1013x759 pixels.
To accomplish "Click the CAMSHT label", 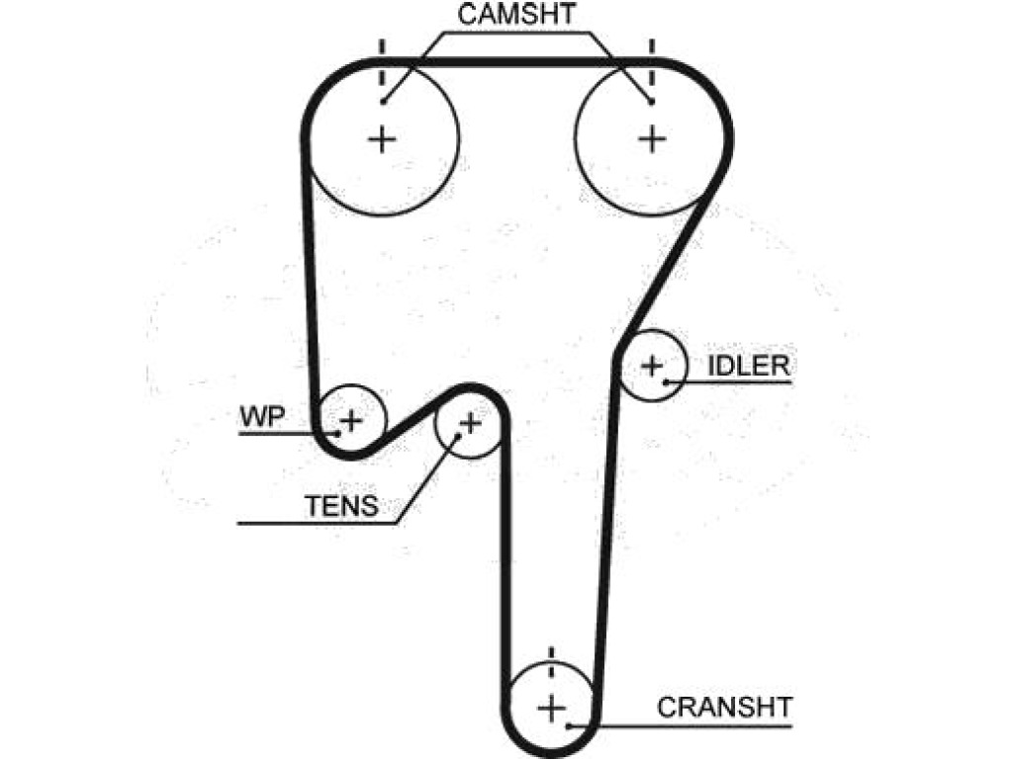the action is [x=516, y=14].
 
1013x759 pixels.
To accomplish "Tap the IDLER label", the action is [x=749, y=366].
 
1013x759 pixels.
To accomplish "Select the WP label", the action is [x=262, y=417].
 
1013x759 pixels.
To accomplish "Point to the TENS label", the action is [x=341, y=506].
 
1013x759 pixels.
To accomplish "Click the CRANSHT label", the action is [x=724, y=708].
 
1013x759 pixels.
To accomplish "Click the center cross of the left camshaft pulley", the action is [x=382, y=138].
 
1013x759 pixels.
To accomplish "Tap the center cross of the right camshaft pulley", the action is [x=652, y=138].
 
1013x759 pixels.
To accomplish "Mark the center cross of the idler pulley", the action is [x=652, y=366].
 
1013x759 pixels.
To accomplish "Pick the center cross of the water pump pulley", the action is [x=351, y=421].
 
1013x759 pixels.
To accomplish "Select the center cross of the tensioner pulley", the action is [x=470, y=423].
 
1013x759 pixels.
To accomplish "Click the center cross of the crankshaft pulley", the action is [x=551, y=709].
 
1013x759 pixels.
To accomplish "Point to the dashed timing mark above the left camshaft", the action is [x=382, y=61].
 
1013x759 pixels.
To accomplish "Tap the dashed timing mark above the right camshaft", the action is [x=652, y=61].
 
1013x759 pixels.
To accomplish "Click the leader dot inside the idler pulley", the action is [x=666, y=382].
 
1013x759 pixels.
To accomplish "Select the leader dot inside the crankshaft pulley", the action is [x=569, y=726].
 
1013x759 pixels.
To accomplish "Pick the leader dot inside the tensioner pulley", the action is [x=457, y=436].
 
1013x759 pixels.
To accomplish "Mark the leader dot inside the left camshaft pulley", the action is [x=383, y=101].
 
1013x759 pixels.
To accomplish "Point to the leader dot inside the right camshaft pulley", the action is [x=651, y=102].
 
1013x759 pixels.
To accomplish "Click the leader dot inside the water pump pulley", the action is [x=337, y=433].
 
